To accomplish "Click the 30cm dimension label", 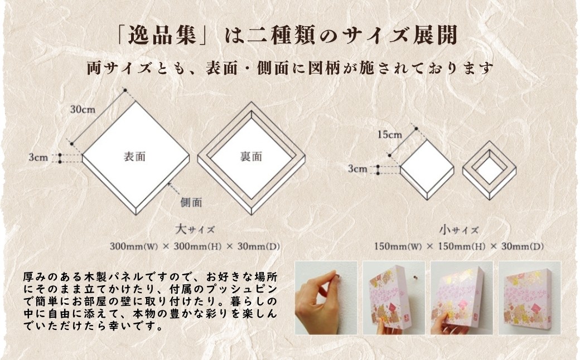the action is point(83,110).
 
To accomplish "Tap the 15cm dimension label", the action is point(389,135).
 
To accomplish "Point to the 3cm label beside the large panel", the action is point(38,158).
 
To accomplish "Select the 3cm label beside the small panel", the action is point(357,169).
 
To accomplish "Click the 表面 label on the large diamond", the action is point(134,157).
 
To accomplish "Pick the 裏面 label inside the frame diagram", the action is point(251,157).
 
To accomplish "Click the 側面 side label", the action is point(191,202).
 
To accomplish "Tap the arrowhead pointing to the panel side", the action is point(169,184).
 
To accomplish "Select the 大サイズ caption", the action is point(195,229).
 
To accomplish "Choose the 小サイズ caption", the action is point(458,230).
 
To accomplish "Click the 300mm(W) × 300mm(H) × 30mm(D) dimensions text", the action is point(195,246).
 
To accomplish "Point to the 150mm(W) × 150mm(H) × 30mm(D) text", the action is point(458,246).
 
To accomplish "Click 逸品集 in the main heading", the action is point(162,36).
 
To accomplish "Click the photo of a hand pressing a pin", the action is point(326,298).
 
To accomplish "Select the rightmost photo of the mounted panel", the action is point(530,298).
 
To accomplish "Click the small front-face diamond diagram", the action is point(427,170).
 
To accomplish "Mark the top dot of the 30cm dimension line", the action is point(125,90).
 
